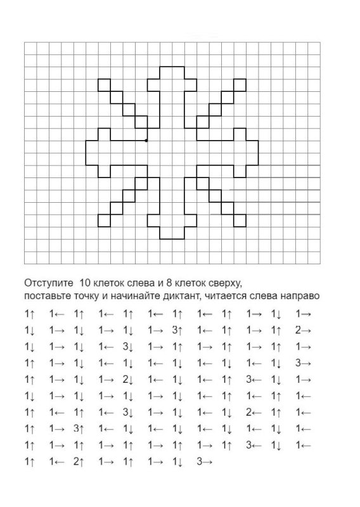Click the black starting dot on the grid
[x=146, y=140]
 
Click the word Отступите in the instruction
[x=46, y=281]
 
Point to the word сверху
[x=224, y=282]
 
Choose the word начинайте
[x=139, y=295]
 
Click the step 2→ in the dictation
[x=302, y=330]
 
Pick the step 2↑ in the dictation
[x=79, y=463]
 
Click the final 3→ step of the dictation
[x=204, y=463]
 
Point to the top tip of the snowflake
[x=171, y=66]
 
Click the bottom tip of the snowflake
[x=171, y=238]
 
